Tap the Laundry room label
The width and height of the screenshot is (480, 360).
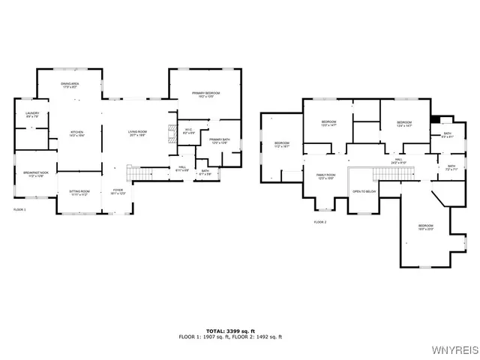(x=32, y=115)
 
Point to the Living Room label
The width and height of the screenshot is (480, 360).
(x=136, y=133)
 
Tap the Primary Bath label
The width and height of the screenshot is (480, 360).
(x=219, y=140)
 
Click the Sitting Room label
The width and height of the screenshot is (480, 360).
(x=79, y=193)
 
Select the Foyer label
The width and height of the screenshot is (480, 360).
(x=118, y=192)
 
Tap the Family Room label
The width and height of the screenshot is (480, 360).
(x=325, y=176)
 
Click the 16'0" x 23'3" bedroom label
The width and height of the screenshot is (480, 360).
(x=425, y=227)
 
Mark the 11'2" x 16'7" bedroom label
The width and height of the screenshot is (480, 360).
(x=281, y=145)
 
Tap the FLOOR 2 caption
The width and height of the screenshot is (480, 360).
(x=320, y=223)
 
